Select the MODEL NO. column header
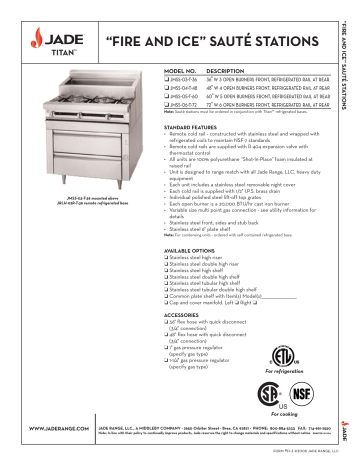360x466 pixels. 180,73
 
